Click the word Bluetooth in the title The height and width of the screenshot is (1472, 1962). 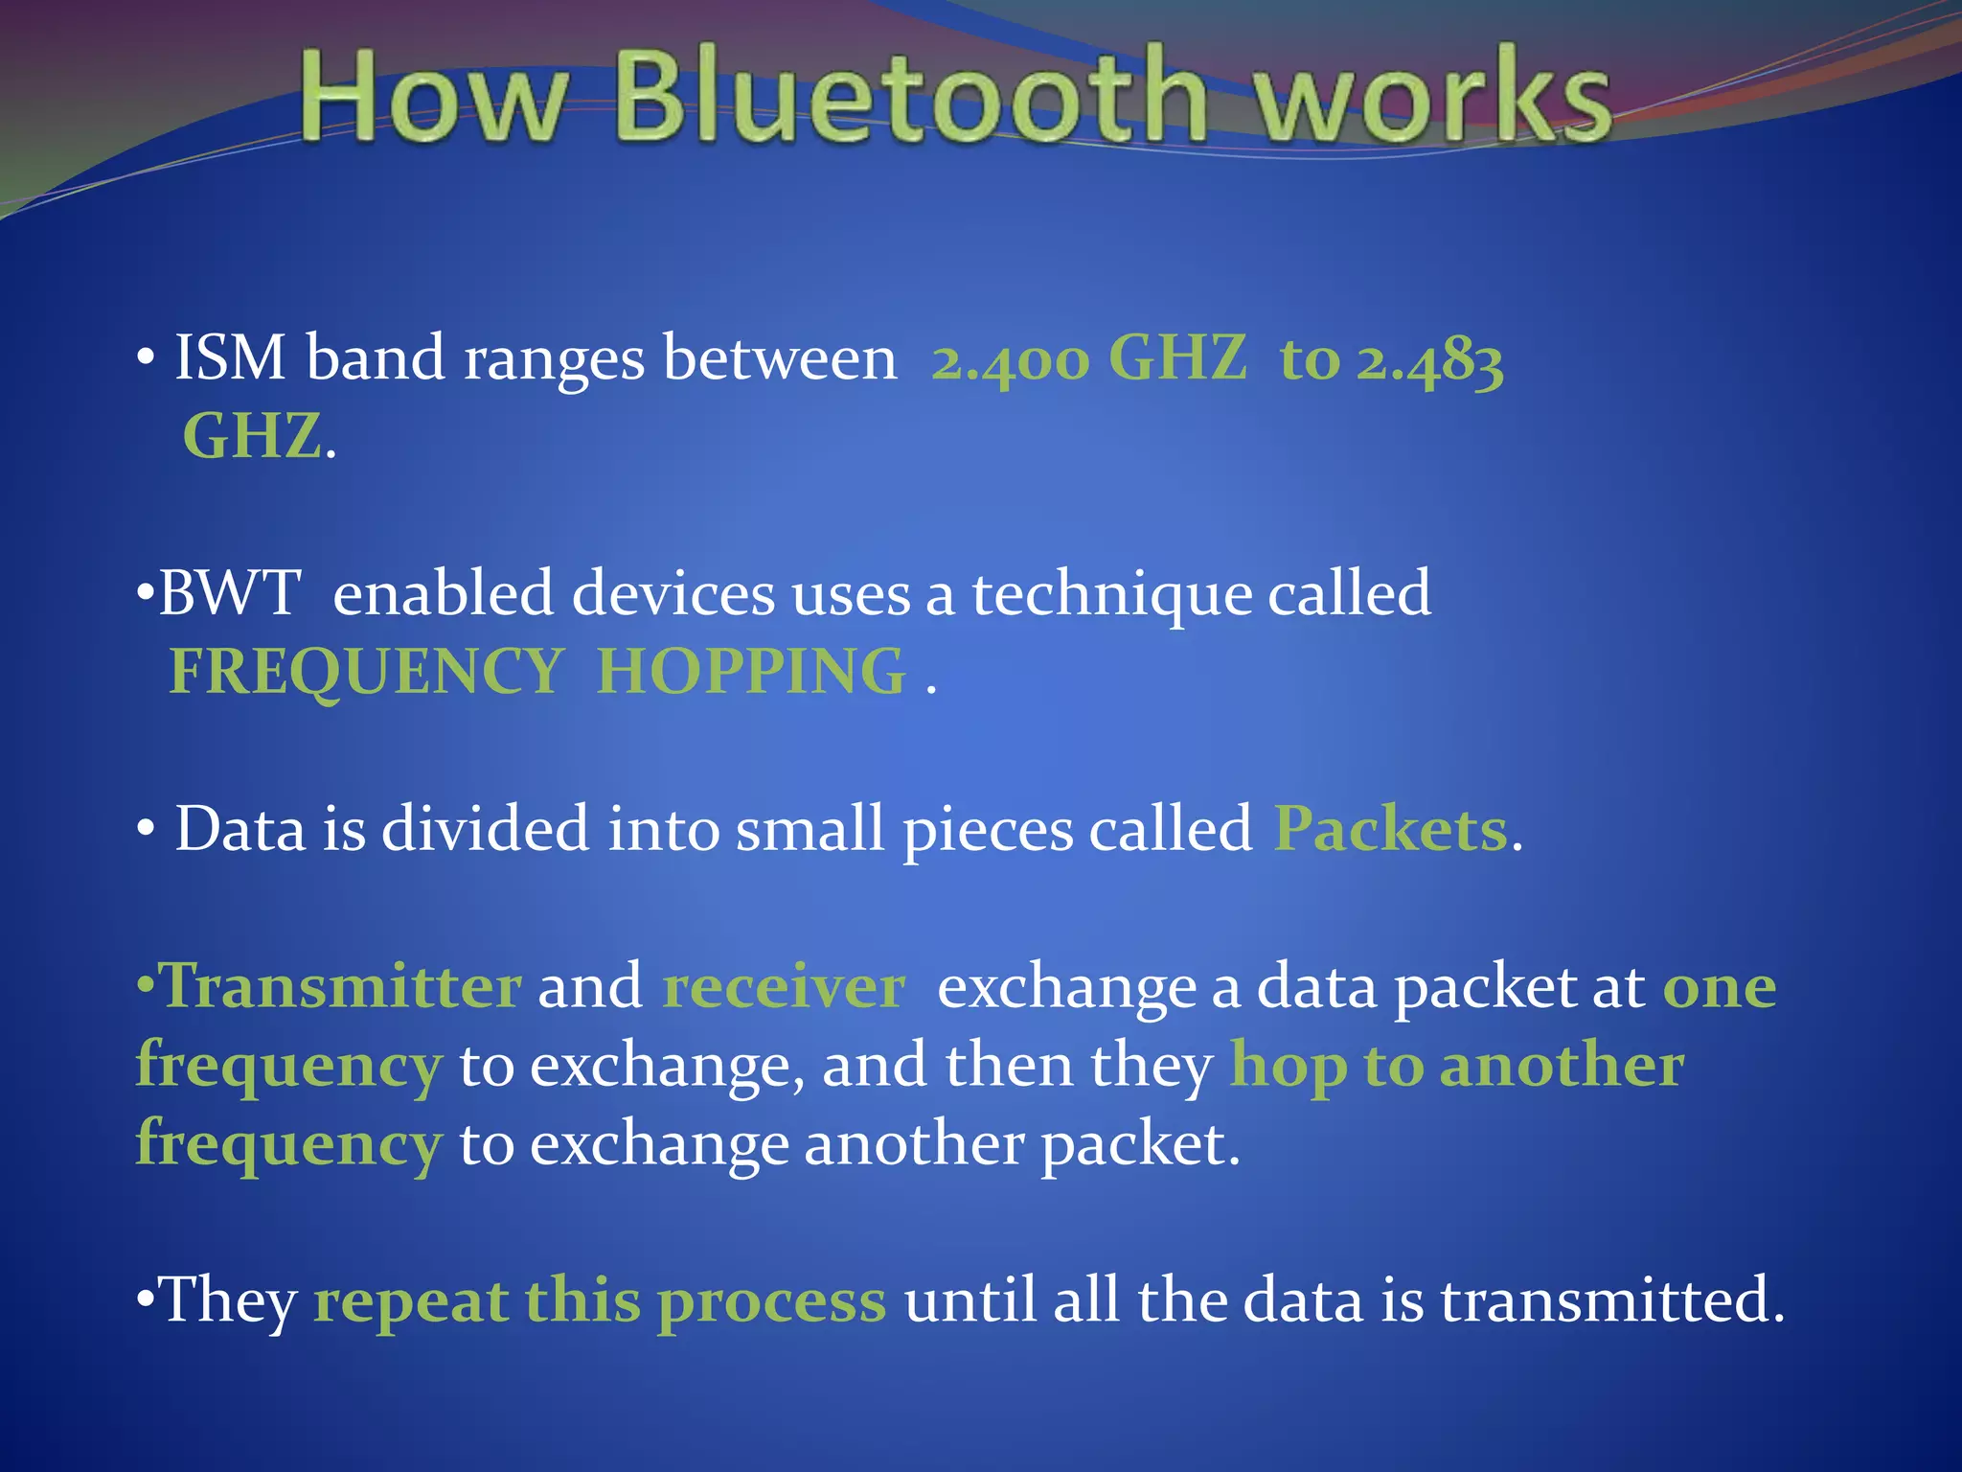coord(910,96)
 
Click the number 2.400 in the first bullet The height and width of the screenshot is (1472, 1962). coord(1011,360)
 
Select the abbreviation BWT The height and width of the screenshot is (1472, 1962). coord(230,593)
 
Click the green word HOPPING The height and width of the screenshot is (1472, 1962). coord(751,671)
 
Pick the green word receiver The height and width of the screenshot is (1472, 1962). coord(784,988)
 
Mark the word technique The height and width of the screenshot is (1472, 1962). coord(1111,595)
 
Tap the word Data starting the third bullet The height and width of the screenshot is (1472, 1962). coord(240,829)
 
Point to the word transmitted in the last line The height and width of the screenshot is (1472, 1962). coord(1611,1301)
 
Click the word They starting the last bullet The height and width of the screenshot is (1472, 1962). coord(228,1301)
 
